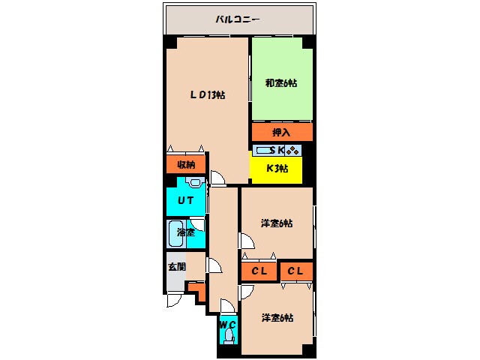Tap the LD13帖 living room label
pos(207,94)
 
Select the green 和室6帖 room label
pos(281,82)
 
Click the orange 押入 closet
pos(281,133)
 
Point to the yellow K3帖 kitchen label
pos(276,168)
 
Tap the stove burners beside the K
pos(293,150)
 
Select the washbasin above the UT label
pos(195,182)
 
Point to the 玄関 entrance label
pos(175,265)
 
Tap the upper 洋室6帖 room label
pos(277,223)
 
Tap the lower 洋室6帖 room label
pos(277,318)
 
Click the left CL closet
pos(259,271)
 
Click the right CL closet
pos(297,271)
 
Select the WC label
pos(228,324)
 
